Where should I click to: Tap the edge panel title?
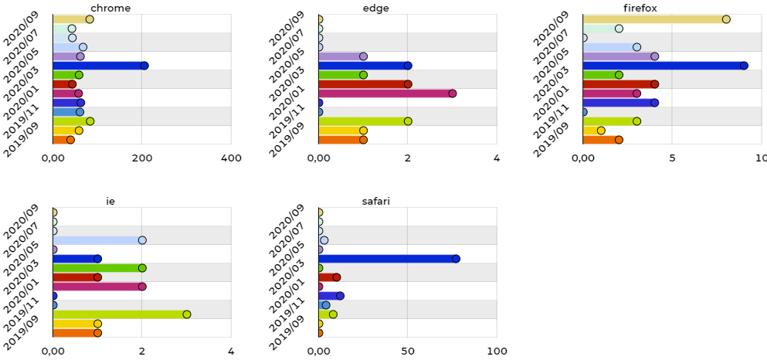point(375,8)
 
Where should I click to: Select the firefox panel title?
point(672,8)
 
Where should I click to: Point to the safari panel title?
point(375,202)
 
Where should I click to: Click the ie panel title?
point(110,202)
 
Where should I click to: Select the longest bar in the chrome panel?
point(99,66)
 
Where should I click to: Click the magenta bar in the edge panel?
point(385,93)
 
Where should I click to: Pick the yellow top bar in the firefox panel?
point(654,19)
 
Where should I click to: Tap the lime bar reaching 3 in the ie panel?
point(120,314)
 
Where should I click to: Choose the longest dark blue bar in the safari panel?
point(387,259)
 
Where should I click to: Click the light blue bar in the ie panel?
point(97,240)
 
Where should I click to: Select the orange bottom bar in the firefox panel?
point(601,140)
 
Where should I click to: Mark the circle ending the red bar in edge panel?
point(408,84)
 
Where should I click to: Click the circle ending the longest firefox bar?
point(744,66)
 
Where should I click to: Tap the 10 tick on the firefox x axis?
point(761,158)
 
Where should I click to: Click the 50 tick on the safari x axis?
point(408,352)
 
